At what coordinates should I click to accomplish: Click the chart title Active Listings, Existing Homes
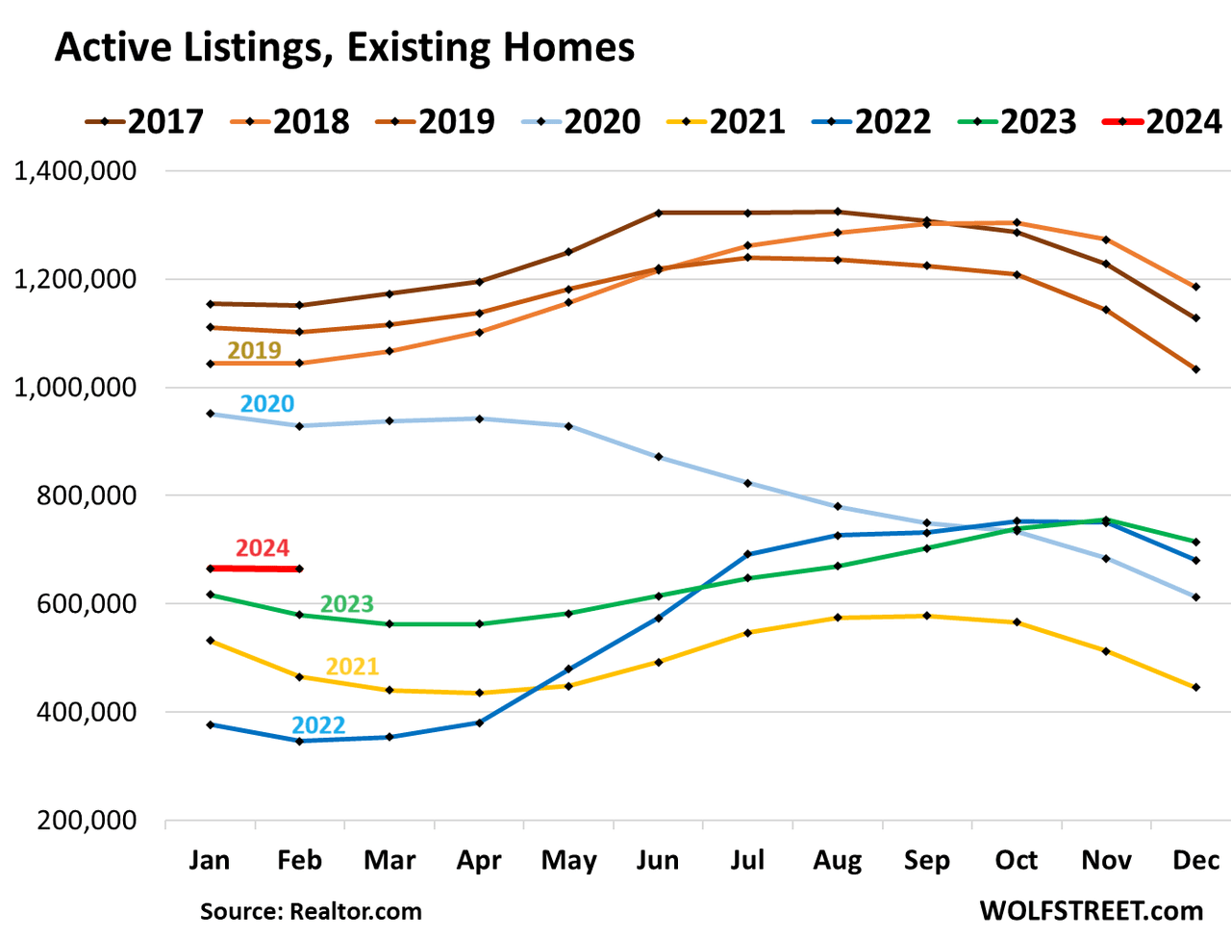coord(344,47)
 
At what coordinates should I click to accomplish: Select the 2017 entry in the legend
coord(144,122)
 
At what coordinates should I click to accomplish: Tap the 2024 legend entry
coord(1163,122)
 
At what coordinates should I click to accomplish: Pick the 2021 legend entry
coord(726,122)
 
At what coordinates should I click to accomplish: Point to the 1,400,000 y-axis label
coord(75,171)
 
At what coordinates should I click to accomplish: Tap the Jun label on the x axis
coord(658,859)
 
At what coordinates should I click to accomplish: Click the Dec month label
coord(1195,859)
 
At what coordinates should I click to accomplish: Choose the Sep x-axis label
coord(926,859)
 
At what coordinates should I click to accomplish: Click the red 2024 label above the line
coord(262,548)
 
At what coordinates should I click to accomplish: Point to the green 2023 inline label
coord(346,604)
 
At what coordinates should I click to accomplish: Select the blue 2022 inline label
coord(318,725)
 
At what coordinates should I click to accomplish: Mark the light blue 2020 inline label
coord(266,404)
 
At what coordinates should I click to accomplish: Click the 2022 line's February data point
coord(299,741)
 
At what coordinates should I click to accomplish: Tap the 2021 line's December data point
coord(1196,688)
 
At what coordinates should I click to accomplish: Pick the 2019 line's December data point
coord(1196,369)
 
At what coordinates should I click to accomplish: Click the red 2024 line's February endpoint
coord(299,570)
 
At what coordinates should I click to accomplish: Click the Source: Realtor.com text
coord(311,911)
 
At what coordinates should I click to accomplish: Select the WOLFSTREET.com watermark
coord(1091,910)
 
